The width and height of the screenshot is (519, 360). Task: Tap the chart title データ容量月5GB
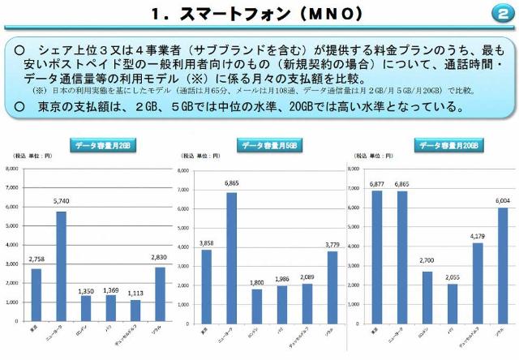tap(268, 145)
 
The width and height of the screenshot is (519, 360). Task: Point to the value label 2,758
tap(36, 259)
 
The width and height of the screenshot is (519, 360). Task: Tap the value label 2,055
tap(453, 276)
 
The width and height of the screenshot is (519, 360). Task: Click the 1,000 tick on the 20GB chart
tap(354, 302)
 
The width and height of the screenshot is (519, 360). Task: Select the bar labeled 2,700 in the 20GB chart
tap(427, 296)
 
